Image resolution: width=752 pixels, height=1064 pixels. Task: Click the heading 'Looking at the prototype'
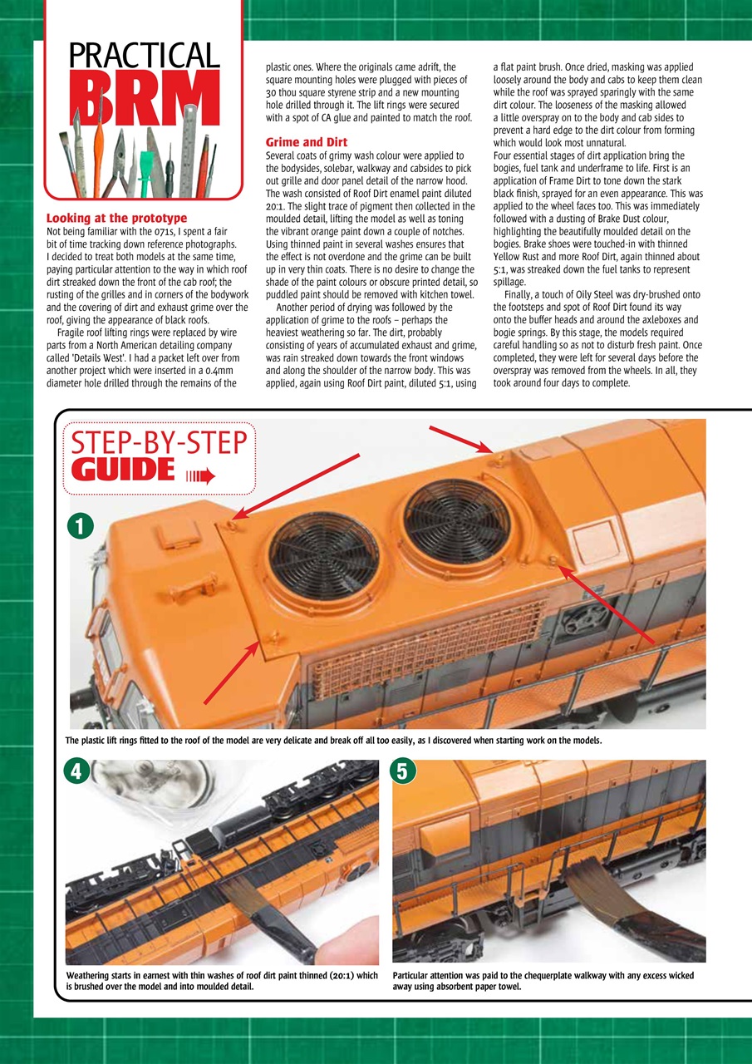coord(116,219)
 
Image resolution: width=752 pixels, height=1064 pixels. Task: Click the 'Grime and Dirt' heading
coord(306,142)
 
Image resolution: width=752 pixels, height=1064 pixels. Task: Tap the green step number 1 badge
coord(80,525)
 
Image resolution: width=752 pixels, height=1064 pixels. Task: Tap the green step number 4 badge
coord(76,771)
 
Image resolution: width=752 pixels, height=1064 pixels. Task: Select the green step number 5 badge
coord(402,771)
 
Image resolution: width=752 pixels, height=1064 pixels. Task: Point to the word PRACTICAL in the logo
coord(144,56)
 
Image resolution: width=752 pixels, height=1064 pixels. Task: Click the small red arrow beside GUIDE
coord(199,475)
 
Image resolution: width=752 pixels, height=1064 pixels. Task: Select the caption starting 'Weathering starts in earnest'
coord(222,981)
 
